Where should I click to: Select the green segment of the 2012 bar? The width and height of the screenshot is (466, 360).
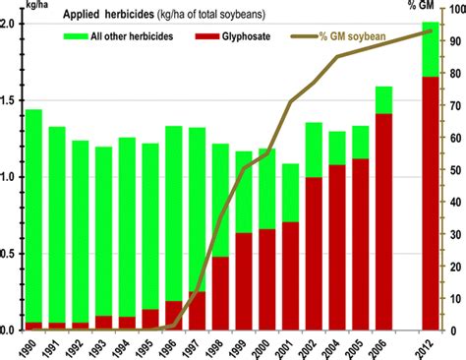[x=430, y=49]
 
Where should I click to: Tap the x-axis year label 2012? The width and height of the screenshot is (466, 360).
[x=425, y=345]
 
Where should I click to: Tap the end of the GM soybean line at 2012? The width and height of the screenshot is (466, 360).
[x=432, y=31]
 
